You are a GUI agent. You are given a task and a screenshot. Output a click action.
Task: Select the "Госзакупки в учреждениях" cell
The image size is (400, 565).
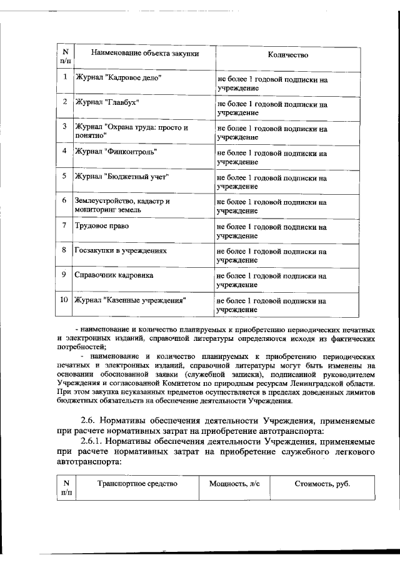click(121, 250)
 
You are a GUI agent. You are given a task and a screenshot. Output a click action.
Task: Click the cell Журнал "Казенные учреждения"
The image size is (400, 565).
click(131, 300)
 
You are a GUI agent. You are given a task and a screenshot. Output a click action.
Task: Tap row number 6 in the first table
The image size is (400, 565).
click(64, 201)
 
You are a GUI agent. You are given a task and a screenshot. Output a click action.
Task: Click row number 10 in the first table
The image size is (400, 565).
click(64, 300)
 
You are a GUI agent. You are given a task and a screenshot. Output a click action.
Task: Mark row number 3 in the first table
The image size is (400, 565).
click(64, 126)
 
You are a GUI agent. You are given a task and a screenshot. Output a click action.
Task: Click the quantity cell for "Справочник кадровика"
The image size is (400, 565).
click(272, 280)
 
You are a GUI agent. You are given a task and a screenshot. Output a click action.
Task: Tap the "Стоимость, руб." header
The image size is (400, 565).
click(322, 483)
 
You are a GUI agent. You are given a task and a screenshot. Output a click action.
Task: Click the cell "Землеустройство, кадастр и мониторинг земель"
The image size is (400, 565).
click(122, 206)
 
